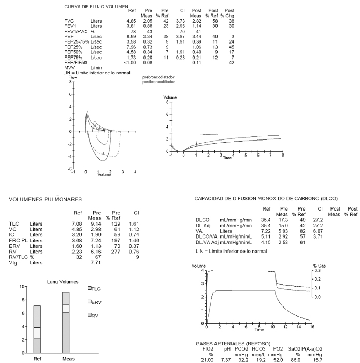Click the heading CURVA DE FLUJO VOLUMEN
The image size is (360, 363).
(96, 7)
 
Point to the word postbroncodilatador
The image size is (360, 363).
(159, 82)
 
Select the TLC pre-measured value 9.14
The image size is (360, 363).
(96, 224)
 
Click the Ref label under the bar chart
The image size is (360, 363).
(38, 358)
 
